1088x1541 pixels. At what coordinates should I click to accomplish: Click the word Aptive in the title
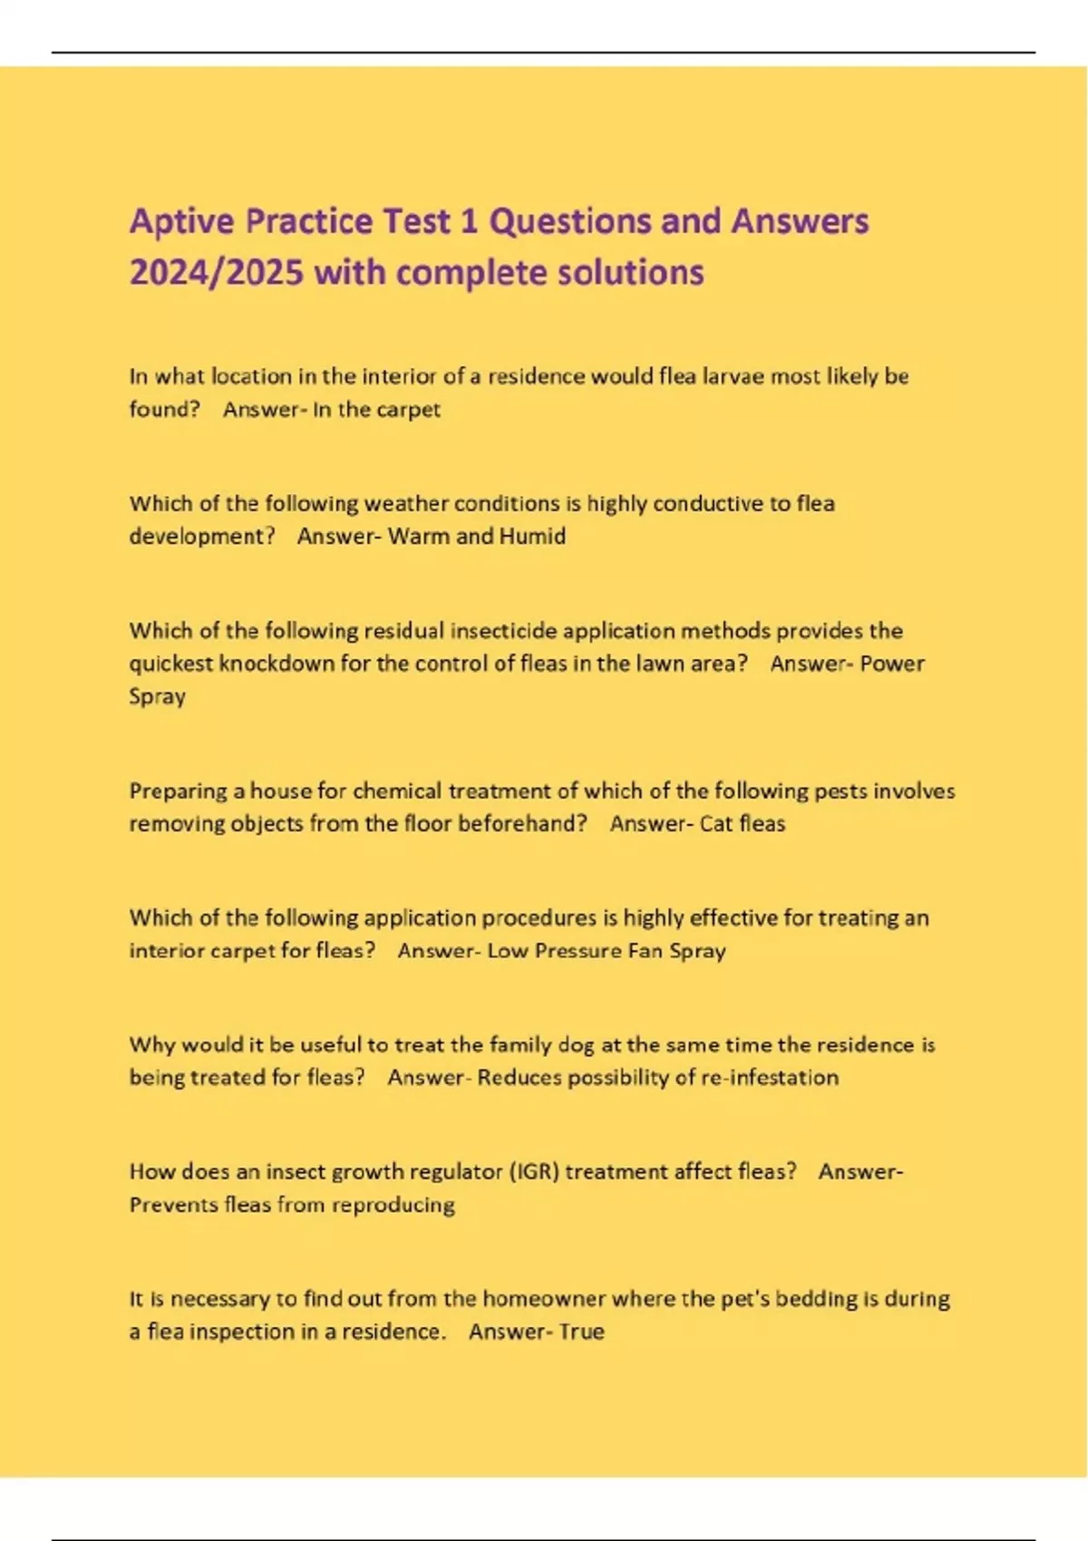coord(181,222)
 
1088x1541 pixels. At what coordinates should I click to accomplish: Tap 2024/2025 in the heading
coord(216,273)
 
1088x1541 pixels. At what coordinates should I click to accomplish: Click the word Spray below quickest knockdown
coord(157,697)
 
